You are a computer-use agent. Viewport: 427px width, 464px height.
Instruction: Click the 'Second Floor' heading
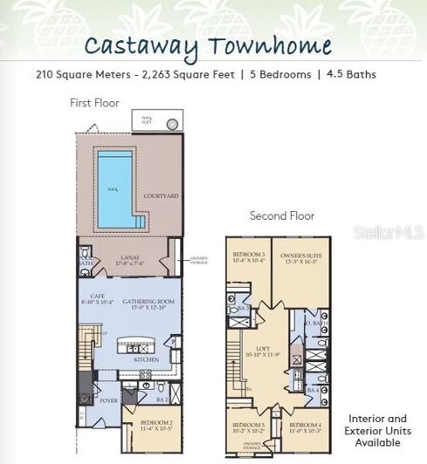[282, 215]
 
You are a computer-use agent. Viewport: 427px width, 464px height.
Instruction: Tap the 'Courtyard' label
[162, 196]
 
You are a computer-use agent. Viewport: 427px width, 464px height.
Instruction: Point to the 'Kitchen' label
[146, 358]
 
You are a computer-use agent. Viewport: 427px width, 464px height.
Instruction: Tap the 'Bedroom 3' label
[247, 256]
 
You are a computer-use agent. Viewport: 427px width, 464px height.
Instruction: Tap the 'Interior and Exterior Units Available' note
[378, 430]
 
